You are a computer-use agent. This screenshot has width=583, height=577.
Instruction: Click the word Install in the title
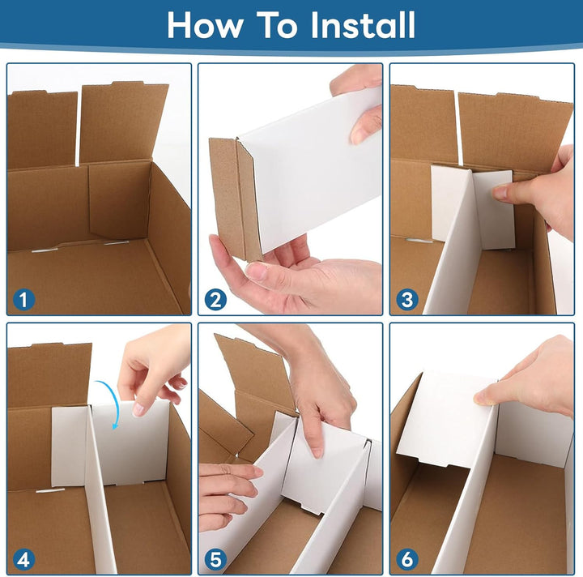(x=363, y=25)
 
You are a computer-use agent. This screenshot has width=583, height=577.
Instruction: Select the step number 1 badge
(x=24, y=300)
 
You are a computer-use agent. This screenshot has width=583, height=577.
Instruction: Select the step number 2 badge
(x=215, y=300)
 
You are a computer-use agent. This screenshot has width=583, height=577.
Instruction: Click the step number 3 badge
(x=406, y=300)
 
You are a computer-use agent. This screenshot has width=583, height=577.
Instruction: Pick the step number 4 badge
(x=24, y=559)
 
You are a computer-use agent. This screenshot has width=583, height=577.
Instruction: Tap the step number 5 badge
(x=215, y=559)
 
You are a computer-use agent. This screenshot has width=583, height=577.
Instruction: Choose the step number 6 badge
(x=406, y=559)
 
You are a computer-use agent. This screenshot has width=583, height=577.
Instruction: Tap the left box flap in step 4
(x=49, y=373)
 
